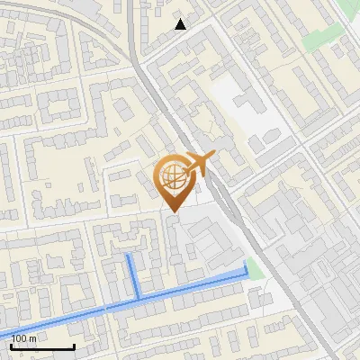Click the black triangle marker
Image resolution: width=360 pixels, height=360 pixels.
point(181,24)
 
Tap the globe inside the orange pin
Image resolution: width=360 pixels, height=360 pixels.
point(171,177)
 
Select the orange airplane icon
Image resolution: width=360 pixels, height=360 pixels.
point(200,165)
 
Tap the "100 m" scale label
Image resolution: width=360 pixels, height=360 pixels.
point(24,338)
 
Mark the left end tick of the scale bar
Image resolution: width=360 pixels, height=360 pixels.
point(12,345)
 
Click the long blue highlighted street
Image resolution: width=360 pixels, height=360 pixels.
point(180,290)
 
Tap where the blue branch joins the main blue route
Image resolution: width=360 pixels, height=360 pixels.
point(138,298)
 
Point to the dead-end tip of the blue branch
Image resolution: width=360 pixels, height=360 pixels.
point(130,256)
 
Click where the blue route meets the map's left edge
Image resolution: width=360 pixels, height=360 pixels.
point(2,333)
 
